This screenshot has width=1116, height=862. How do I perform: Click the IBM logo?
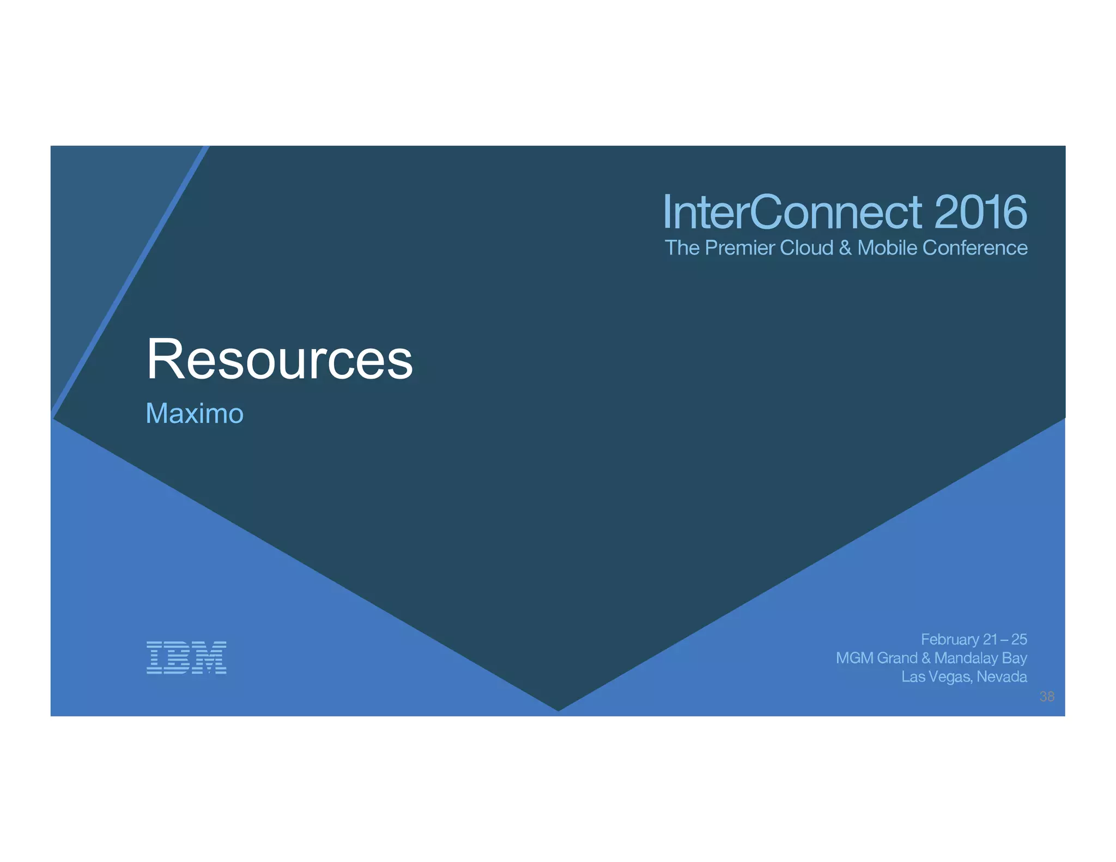[186, 657]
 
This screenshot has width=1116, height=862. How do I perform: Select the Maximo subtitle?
[195, 413]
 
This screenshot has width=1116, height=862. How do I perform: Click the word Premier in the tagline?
[739, 248]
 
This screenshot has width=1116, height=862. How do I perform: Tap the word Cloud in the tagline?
[806, 248]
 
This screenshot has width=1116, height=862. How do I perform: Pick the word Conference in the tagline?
[975, 248]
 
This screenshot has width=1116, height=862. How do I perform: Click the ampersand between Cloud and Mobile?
[845, 248]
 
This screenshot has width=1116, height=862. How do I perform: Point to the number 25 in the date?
[1019, 639]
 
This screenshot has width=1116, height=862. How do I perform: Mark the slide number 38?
[1047, 696]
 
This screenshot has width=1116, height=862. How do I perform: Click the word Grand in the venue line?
[897, 658]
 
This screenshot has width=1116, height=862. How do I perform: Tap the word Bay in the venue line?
[1014, 658]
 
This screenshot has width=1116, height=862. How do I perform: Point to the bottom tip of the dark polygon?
[558, 709]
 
